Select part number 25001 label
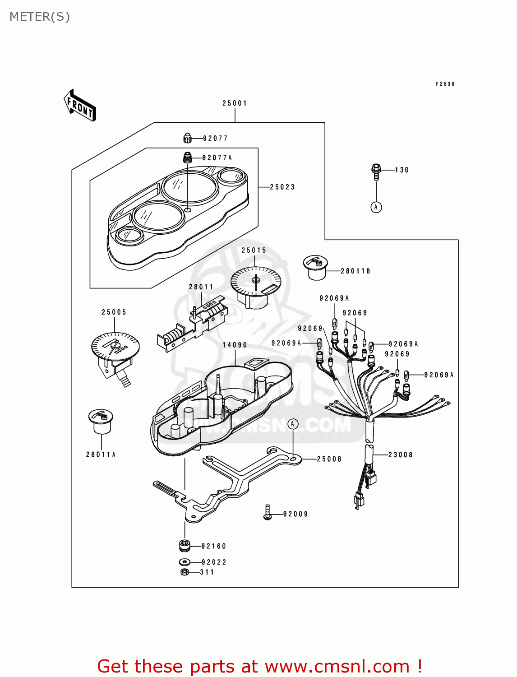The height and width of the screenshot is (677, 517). tap(235, 103)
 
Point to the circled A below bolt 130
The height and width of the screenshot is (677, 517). tap(376, 207)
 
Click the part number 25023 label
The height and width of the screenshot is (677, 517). tap(282, 187)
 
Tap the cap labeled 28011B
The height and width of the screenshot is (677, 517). tap(315, 267)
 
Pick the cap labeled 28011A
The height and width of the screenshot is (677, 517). tap(101, 421)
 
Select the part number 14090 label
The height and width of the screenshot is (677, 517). tap(235, 345)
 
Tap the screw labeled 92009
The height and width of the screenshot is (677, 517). tap(268, 513)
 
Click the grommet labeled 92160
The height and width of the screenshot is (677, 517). tap(185, 546)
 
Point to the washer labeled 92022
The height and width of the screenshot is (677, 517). tap(184, 562)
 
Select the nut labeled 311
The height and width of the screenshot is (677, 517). tap(184, 572)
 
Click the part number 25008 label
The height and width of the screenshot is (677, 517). tap(329, 459)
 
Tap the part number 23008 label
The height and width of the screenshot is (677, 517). tap(401, 455)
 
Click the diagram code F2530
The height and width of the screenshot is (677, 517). tap(445, 84)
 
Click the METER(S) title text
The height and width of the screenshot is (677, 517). tap(40, 17)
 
